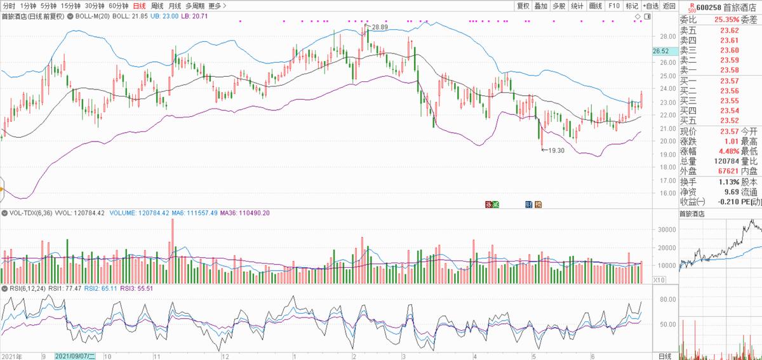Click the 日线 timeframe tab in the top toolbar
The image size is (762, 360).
[x=138, y=6]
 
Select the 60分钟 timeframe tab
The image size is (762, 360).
[x=119, y=6]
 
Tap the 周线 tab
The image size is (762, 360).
[x=157, y=6]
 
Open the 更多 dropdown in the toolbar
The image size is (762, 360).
[x=217, y=6]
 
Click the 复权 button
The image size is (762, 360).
[x=523, y=6]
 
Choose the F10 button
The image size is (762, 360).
[x=613, y=6]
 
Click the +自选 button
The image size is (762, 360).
[x=650, y=6]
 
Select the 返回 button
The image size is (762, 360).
[x=669, y=6]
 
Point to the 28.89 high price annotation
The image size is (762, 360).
[x=380, y=27]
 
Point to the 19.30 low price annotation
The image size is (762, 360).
[x=556, y=150]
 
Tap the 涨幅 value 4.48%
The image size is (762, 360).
[x=728, y=152]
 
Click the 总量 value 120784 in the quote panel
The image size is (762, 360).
[x=724, y=161]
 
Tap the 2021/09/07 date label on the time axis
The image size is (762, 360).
[x=75, y=356]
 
